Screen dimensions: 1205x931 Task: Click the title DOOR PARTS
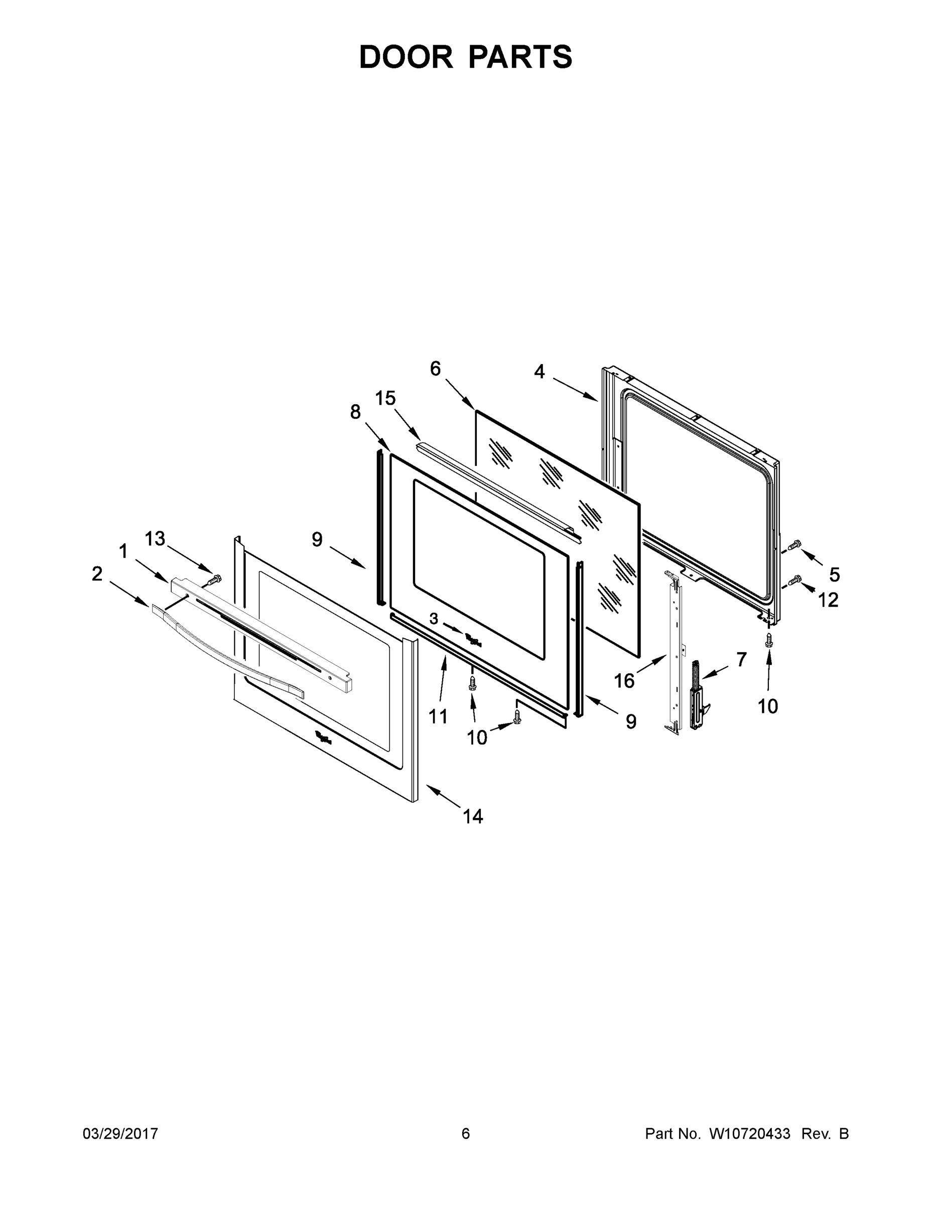466,57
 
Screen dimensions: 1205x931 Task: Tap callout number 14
473,816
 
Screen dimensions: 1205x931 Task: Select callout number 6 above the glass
436,369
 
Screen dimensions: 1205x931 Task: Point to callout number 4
540,372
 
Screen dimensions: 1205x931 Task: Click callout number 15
385,398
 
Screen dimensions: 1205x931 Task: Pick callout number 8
355,412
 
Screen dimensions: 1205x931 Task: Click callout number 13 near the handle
155,539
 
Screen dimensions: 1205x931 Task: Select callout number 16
624,681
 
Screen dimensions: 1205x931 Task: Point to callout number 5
835,575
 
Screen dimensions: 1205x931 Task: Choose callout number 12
828,600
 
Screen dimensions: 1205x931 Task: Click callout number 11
438,716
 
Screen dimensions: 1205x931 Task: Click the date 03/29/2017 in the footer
120,1133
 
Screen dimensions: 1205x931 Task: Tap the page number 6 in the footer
466,1133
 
